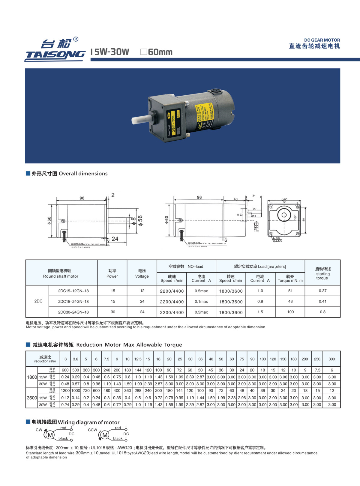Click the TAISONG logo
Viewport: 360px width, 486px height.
coord(55,50)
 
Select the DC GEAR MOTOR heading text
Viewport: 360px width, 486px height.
coord(322,40)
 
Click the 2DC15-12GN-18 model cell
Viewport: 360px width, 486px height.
coord(73,291)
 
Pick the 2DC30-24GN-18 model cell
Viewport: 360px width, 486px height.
coord(73,312)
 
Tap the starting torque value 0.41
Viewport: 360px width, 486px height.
coord(322,301)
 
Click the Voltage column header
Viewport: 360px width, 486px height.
coord(142,273)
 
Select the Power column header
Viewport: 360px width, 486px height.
coord(112,273)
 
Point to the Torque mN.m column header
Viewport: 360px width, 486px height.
coord(290,279)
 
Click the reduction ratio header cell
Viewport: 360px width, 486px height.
coord(45,359)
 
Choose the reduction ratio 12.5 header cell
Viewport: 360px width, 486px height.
coord(138,359)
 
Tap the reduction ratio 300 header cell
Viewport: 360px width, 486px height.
coord(331,359)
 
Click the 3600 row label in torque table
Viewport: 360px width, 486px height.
coord(32,398)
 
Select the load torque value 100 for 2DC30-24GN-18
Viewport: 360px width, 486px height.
coord(290,312)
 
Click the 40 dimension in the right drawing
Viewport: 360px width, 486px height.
coord(235,199)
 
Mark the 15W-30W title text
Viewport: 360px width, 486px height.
coord(110,52)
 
